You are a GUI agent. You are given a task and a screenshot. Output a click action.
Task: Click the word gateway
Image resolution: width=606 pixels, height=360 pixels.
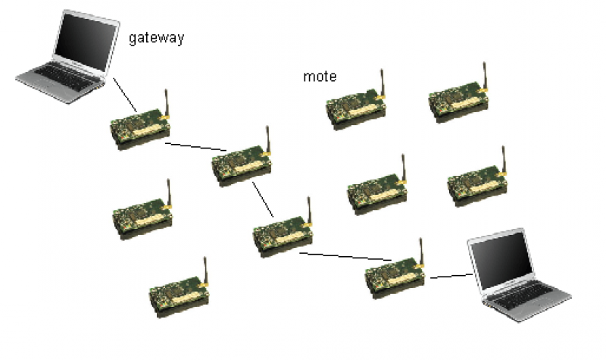coord(156,38)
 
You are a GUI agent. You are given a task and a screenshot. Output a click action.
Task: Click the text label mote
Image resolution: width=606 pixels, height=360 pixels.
coord(320,77)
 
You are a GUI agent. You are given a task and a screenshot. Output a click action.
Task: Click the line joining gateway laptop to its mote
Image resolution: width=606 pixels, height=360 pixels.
coord(124,93)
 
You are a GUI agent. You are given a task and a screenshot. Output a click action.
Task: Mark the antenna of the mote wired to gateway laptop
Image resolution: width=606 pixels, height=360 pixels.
coord(167,103)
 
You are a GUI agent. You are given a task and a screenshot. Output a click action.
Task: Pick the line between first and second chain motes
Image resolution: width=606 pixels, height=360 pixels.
coord(195,146)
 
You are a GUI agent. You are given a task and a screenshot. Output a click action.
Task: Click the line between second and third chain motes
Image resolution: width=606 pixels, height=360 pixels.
coord(262,198)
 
